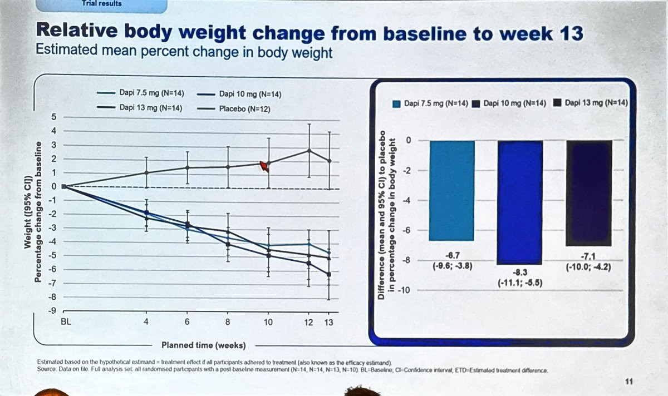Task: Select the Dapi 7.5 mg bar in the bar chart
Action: tap(451, 190)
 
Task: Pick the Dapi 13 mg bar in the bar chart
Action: tap(589, 192)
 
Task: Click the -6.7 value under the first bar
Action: tap(451, 255)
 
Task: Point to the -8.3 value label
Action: tap(520, 273)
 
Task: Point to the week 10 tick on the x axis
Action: tap(268, 322)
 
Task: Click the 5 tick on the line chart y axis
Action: tap(54, 117)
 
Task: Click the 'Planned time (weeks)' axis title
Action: tap(203, 345)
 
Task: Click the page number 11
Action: tap(629, 381)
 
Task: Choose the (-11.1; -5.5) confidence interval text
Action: tap(520, 283)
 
